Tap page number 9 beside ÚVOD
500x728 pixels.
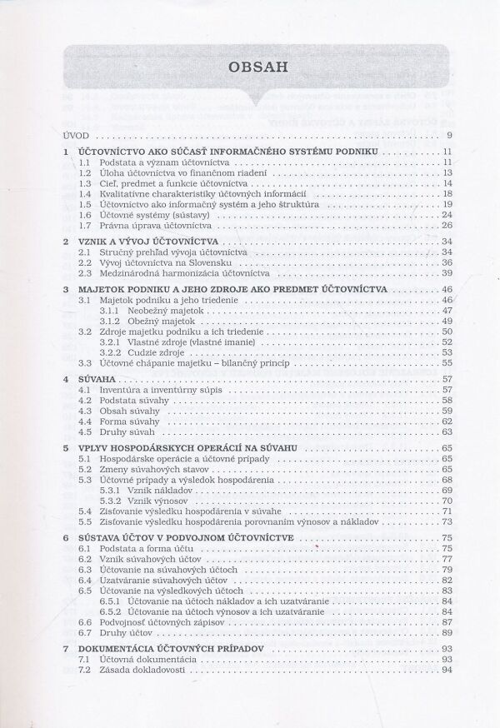click(x=449, y=135)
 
